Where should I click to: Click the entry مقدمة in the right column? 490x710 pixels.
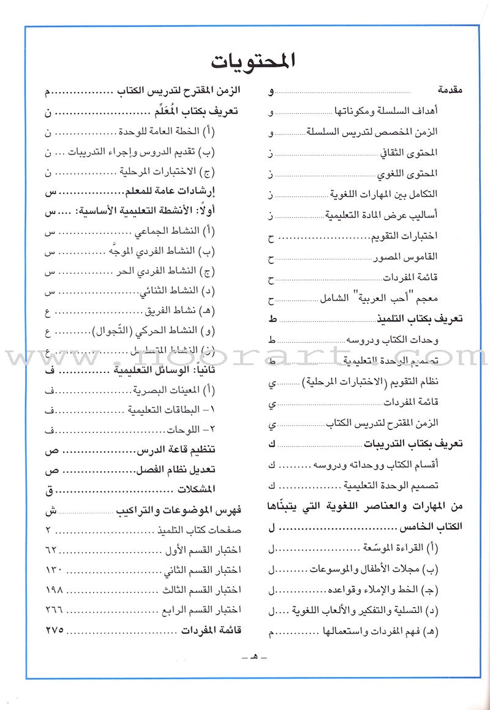click(450, 91)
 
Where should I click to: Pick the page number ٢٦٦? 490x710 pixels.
click(54, 609)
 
